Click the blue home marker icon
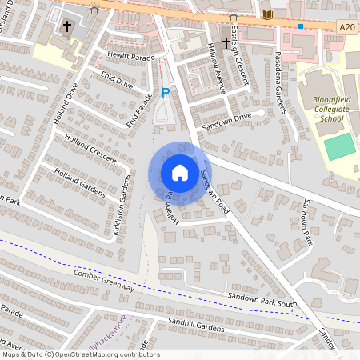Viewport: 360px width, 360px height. [180, 172]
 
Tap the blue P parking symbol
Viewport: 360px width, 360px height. [166, 93]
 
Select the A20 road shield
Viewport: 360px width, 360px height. [346, 27]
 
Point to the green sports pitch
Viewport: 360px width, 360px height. [340, 146]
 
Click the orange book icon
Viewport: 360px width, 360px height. [266, 14]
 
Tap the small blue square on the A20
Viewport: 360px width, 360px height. [300, 26]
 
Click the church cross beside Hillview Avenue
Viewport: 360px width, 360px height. [225, 42]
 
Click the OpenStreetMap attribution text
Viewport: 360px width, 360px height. [80, 354]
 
